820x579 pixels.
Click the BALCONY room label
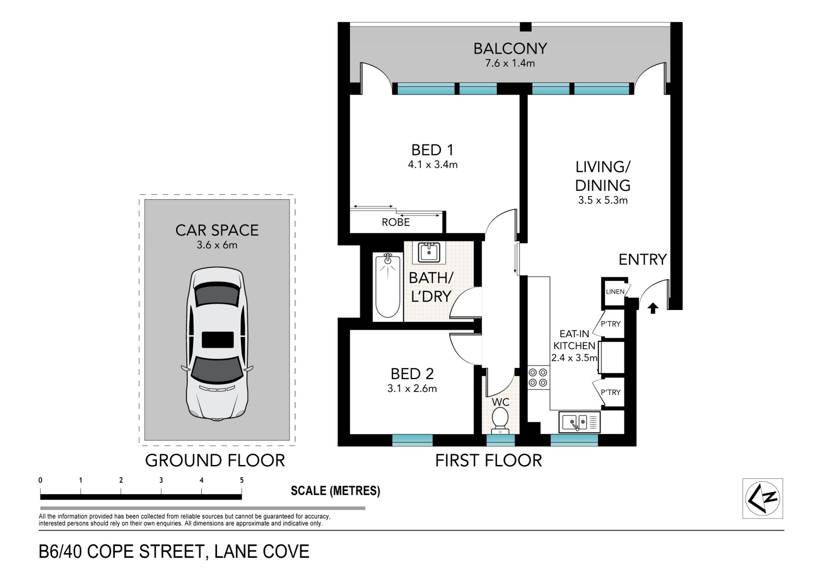tap(510, 49)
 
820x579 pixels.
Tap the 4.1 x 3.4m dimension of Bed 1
tap(433, 164)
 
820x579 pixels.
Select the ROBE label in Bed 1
tap(396, 222)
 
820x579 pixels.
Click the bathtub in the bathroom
tap(388, 285)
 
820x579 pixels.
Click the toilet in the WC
tap(500, 418)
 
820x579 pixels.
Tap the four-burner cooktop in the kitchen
tap(538, 377)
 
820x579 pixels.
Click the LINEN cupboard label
tap(615, 292)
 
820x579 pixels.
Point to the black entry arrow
tap(653, 308)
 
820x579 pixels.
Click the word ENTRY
tap(643, 259)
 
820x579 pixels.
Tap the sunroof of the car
tap(218, 340)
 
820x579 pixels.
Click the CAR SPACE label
tap(217, 231)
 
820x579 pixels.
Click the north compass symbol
tap(763, 498)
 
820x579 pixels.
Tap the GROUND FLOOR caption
tap(215, 461)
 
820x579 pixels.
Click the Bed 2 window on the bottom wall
tap(412, 440)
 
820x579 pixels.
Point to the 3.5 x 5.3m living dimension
tap(603, 200)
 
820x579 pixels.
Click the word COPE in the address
tap(111, 551)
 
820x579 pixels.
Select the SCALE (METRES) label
tap(335, 491)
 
